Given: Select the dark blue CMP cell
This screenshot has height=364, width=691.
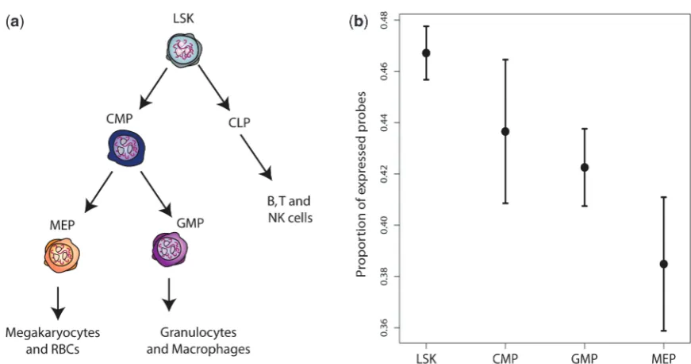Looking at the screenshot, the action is (x=126, y=149).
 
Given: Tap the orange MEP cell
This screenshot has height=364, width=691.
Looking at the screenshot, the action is (x=62, y=254).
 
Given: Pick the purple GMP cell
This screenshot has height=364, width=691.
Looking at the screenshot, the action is (x=169, y=250).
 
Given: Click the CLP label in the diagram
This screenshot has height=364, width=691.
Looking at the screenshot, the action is (x=240, y=122).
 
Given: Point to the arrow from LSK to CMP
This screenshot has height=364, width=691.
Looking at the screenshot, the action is (x=153, y=88).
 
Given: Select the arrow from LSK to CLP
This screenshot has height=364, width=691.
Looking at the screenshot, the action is (x=214, y=87).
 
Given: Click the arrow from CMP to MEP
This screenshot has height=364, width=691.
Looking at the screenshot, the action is (x=98, y=192).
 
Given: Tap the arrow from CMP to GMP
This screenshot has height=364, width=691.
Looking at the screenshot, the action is (x=156, y=193).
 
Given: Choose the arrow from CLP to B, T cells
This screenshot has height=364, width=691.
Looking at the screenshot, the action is (x=256, y=157).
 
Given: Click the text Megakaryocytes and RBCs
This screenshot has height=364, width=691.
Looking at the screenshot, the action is (x=53, y=341).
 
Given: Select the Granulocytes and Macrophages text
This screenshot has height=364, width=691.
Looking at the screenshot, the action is (x=198, y=341).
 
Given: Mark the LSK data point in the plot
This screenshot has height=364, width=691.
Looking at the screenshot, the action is (x=426, y=53).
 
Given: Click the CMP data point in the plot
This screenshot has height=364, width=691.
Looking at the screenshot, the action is (x=505, y=131).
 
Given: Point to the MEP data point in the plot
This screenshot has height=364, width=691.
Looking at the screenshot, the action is (x=664, y=265).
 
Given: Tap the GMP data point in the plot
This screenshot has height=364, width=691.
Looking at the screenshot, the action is (x=585, y=168).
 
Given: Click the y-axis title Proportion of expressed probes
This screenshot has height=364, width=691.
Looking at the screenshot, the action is (x=361, y=184).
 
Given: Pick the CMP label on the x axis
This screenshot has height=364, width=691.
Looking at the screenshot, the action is (x=505, y=358).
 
